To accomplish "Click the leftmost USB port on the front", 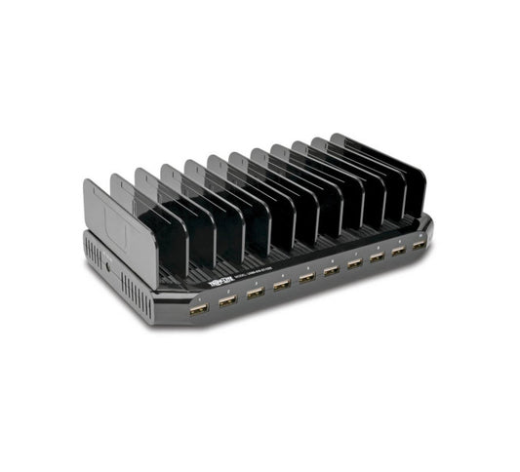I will click(197, 309).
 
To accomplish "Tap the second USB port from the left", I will click(226, 300).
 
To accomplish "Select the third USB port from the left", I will click(254, 293).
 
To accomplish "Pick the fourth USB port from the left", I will click(281, 285).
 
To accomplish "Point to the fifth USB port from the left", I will click(306, 278).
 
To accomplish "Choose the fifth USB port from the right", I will click(331, 271).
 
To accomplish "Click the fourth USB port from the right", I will click(354, 263).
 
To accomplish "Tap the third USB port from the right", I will click(377, 257).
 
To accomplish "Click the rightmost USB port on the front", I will click(419, 245).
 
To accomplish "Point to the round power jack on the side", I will click(108, 264).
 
